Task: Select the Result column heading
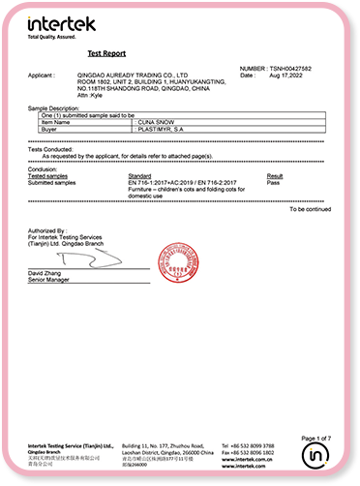(x=274, y=175)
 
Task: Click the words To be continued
(x=310, y=208)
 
